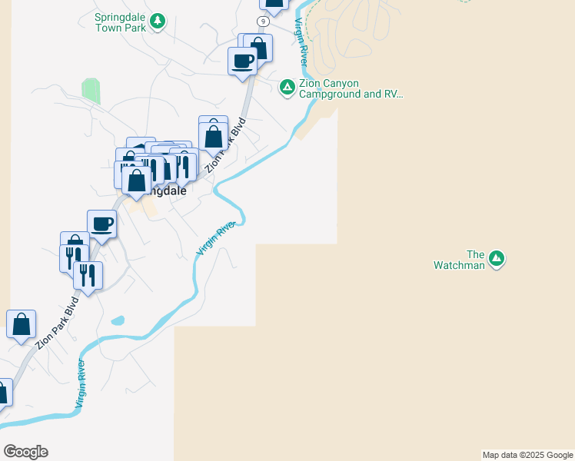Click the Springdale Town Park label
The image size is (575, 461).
[120, 22]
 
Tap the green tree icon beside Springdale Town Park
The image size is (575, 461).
[158, 21]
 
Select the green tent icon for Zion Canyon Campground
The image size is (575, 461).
[287, 88]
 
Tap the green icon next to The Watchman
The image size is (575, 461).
[497, 258]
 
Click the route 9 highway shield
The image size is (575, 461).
[264, 21]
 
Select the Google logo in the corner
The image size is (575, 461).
[25, 452]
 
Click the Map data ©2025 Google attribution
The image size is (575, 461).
[528, 455]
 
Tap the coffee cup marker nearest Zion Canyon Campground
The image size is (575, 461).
[242, 61]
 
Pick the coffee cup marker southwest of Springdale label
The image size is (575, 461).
[101, 224]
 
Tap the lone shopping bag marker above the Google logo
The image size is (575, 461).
[21, 324]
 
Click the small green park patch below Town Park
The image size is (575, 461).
[91, 90]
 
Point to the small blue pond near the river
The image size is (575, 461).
[118, 320]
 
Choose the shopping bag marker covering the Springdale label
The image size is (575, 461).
[137, 182]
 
